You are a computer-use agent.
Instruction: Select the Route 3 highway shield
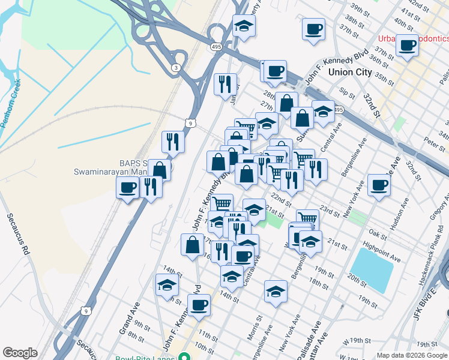175,68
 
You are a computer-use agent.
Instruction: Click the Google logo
20,353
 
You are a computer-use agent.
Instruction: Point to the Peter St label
433,142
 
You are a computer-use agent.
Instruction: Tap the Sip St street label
347,92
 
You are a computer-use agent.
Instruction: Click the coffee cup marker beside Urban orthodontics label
406,45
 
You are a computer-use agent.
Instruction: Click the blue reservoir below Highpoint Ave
372,269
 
